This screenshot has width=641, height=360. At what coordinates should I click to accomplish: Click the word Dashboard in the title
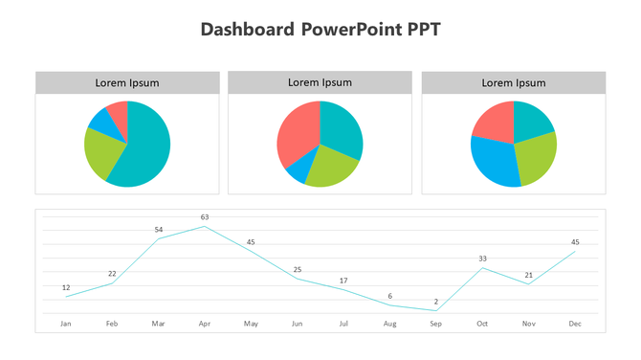[247, 30]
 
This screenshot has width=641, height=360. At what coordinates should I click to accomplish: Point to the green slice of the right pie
[537, 157]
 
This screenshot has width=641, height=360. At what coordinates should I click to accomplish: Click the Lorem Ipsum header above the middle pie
[320, 83]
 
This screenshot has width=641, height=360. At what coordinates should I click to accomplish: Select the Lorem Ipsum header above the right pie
[513, 83]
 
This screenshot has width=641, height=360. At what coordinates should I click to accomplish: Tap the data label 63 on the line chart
[205, 217]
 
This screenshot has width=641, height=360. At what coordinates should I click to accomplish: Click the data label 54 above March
[159, 230]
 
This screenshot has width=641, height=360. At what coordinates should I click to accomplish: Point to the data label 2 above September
[436, 302]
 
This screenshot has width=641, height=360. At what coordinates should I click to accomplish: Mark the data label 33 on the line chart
[482, 259]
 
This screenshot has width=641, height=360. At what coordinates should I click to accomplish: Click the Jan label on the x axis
[66, 324]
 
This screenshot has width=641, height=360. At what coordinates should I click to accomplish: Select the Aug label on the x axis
[389, 324]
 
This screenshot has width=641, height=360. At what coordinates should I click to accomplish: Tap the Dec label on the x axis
[575, 324]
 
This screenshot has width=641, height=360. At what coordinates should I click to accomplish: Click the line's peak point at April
[205, 227]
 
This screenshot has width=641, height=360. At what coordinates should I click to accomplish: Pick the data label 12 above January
[66, 287]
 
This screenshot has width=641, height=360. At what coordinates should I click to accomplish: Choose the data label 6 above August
[389, 296]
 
